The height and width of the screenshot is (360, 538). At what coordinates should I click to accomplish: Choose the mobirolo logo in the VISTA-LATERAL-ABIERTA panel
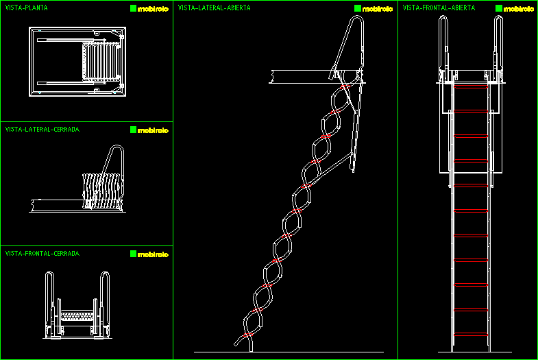click(374, 9)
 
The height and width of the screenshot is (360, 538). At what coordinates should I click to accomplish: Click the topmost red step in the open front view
click(472, 88)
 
